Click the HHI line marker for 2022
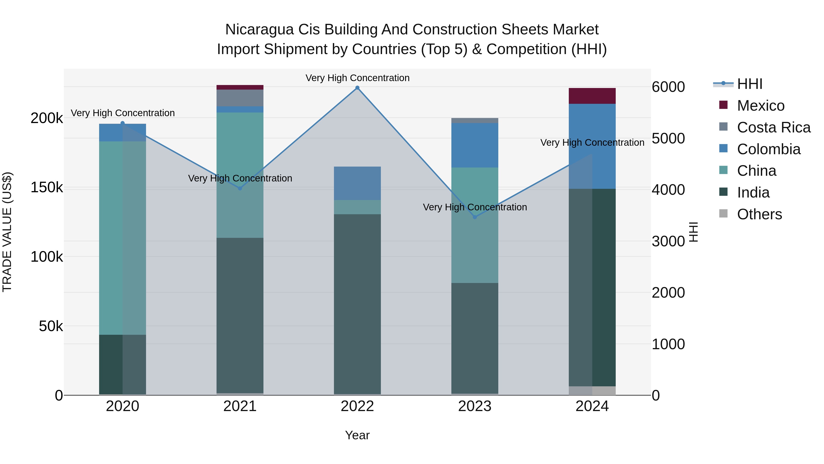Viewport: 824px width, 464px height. point(357,88)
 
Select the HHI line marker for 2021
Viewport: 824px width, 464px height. point(240,188)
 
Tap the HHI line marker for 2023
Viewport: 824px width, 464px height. point(475,217)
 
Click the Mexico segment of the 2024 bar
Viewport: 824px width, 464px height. point(592,96)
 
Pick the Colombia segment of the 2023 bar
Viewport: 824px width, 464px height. point(475,145)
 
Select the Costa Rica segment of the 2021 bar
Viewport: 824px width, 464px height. point(240,98)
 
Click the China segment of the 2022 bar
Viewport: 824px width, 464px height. point(357,207)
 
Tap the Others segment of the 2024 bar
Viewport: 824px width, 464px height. point(592,390)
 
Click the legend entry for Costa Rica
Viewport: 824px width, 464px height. point(773,127)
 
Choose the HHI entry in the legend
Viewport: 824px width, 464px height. point(749,84)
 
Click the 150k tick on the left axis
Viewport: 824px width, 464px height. point(47,187)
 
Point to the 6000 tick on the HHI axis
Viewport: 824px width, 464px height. point(668,87)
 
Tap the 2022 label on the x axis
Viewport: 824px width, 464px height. point(357,406)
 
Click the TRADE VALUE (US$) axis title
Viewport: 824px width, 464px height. point(7,232)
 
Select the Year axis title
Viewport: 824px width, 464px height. point(357,435)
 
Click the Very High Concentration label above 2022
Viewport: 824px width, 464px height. point(357,78)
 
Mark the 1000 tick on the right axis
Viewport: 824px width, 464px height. point(668,344)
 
